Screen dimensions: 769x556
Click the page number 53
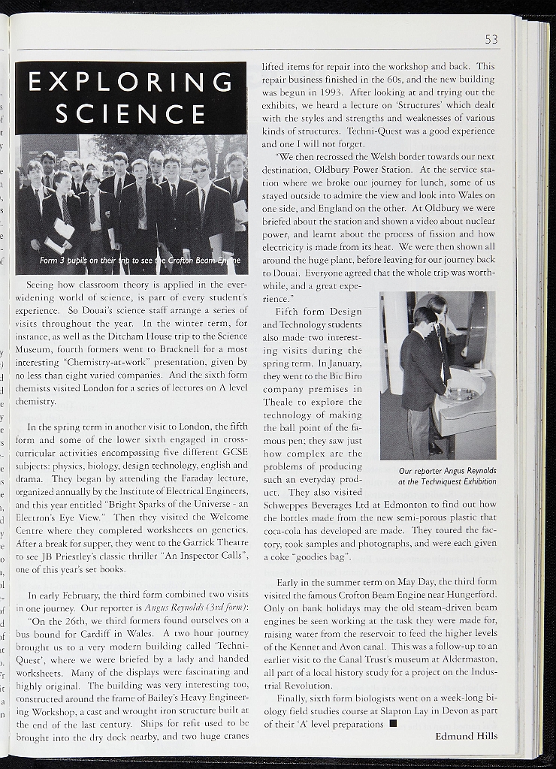pos(491,39)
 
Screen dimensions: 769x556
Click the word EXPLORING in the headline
pos(130,81)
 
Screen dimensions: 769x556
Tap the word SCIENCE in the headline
pos(130,114)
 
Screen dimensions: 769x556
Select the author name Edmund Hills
pos(466,736)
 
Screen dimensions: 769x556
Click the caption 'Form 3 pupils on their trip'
pos(140,261)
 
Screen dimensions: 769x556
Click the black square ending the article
pos(393,724)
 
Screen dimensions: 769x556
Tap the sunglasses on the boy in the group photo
pos(198,170)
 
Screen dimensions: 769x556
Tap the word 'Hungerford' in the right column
pos(472,595)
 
